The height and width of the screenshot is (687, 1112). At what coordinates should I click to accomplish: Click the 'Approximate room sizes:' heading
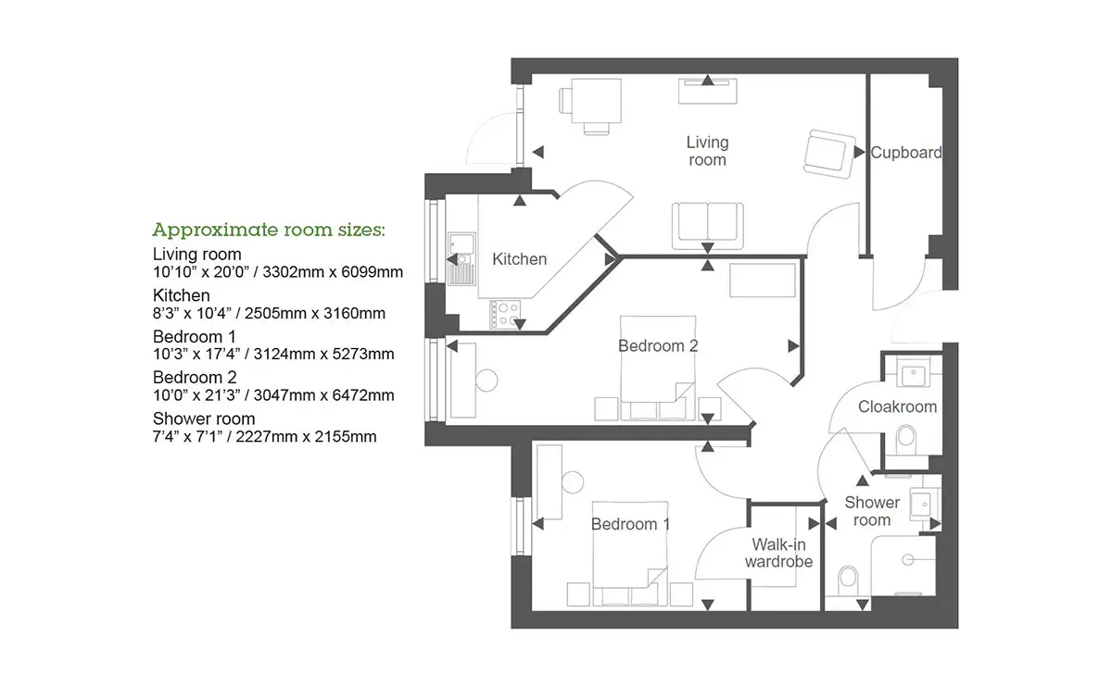(269, 231)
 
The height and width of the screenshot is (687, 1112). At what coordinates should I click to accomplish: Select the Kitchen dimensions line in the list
(269, 314)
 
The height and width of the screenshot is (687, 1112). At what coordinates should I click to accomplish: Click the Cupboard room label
(906, 153)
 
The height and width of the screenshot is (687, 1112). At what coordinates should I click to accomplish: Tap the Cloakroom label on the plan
(898, 406)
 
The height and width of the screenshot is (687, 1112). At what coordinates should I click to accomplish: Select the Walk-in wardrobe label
(778, 553)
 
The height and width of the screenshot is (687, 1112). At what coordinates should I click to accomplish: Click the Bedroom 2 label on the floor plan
(658, 345)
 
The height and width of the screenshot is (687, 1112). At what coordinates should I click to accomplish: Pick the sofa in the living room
(707, 226)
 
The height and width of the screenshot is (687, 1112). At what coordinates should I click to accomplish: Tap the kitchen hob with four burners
(505, 314)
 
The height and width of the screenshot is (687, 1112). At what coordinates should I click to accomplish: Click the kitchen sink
(461, 259)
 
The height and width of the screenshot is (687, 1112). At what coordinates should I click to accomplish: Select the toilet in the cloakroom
(906, 440)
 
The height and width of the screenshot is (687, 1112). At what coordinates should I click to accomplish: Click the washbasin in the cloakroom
(913, 376)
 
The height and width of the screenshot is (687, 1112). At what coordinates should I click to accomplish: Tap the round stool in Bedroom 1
(573, 482)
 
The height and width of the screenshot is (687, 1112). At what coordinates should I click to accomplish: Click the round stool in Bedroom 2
(486, 381)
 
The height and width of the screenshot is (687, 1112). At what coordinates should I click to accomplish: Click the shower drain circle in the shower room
(908, 560)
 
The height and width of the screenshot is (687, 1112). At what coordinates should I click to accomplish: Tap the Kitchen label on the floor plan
(519, 259)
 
